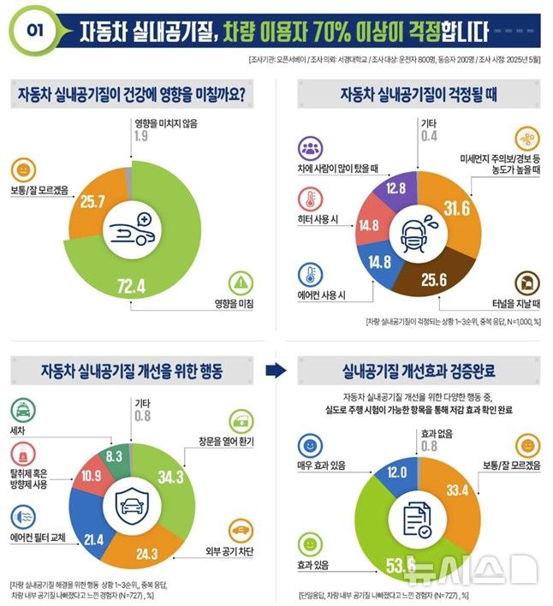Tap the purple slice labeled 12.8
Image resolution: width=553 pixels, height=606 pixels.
click(x=395, y=187)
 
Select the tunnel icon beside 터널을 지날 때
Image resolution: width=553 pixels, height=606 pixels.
click(x=525, y=283)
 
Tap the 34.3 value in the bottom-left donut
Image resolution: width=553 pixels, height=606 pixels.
click(x=175, y=475)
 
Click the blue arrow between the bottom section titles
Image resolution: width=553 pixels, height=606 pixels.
click(x=274, y=371)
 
